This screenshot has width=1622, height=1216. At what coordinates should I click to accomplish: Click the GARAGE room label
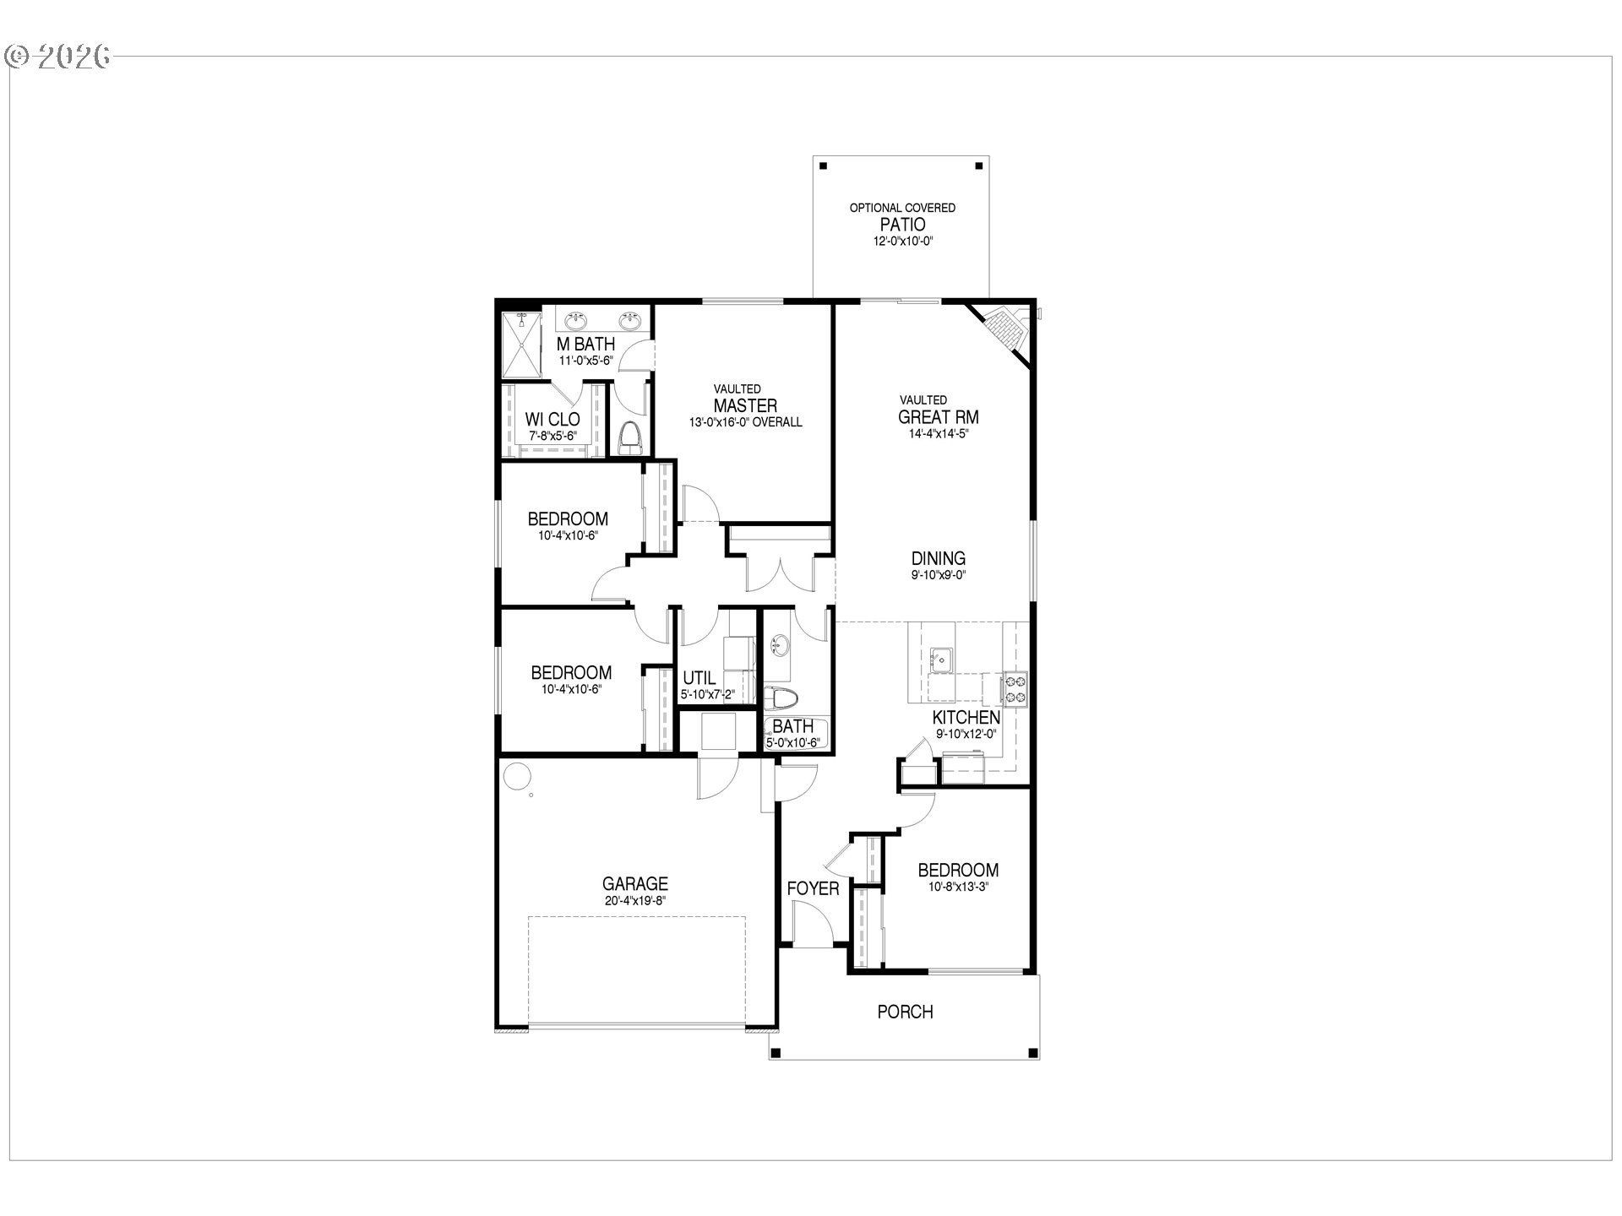tap(634, 883)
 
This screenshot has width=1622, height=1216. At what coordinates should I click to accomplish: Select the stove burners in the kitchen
tap(1015, 687)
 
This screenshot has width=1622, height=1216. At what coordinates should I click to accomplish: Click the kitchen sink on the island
tap(940, 658)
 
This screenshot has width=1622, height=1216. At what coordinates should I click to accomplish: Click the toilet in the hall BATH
tap(782, 699)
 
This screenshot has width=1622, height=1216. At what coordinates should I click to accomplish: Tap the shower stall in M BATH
tap(520, 345)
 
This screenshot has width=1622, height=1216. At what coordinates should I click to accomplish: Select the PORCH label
tap(905, 1011)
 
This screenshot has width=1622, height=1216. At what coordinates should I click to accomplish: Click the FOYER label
tap(813, 888)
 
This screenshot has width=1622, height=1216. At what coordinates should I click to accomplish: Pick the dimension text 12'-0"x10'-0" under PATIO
tap(902, 242)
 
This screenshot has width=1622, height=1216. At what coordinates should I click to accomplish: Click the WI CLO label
tap(552, 420)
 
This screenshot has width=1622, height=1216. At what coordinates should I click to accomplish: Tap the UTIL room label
tap(699, 678)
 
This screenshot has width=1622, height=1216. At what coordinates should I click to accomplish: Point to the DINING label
tap(938, 558)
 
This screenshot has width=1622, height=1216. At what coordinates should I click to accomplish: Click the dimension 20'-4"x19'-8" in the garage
tap(634, 901)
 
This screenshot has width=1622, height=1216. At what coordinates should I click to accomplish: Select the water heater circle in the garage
tap(516, 774)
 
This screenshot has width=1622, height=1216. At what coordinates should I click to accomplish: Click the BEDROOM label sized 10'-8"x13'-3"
tap(958, 870)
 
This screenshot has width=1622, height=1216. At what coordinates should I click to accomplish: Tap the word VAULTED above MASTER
tap(737, 389)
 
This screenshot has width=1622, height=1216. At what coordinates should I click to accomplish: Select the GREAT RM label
tap(938, 417)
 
